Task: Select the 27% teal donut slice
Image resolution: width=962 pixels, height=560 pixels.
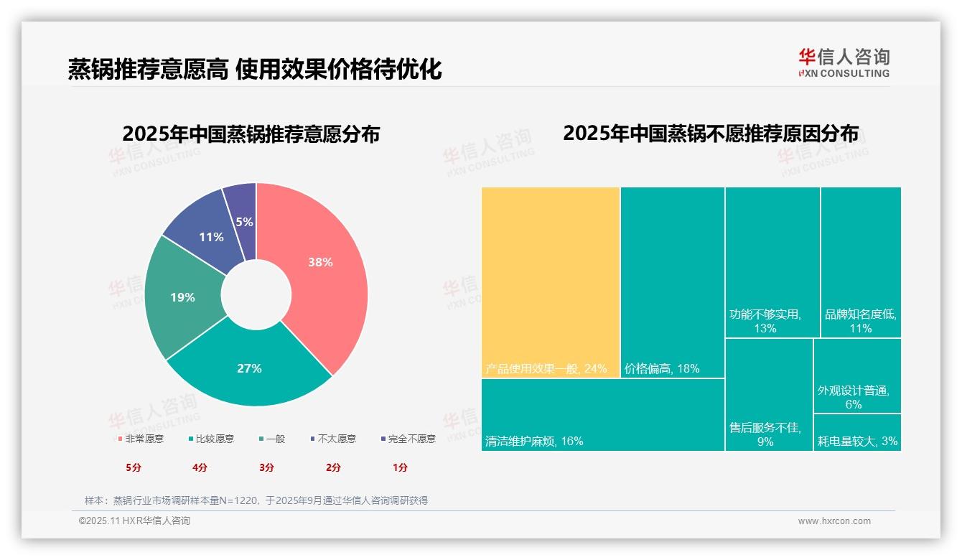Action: [250, 368]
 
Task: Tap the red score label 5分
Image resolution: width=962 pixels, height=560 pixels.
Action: [134, 467]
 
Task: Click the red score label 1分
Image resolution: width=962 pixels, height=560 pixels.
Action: [400, 467]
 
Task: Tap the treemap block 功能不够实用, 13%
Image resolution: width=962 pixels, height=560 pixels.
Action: [772, 262]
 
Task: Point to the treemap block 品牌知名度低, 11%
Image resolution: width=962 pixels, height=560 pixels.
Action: [860, 262]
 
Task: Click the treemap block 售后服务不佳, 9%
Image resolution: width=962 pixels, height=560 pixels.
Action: [768, 394]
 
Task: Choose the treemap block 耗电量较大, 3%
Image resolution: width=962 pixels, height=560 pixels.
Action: [857, 433]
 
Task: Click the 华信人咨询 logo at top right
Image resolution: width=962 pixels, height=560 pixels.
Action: [844, 62]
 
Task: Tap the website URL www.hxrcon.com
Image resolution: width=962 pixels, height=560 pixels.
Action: [834, 521]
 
